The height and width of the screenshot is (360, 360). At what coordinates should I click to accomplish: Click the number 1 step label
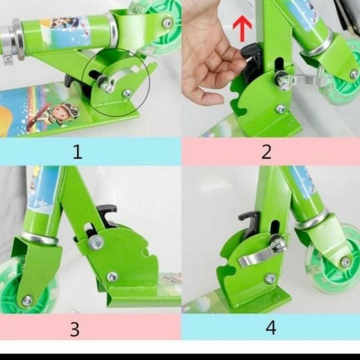click(78, 152)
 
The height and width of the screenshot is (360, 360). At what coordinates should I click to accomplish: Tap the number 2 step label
click(266, 152)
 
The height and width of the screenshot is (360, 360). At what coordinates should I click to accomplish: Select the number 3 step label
click(74, 328)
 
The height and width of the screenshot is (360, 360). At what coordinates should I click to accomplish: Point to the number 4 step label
click(271, 327)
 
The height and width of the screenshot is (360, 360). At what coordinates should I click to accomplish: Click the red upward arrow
click(242, 29)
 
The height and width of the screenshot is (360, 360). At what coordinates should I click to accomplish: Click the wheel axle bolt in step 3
click(27, 300)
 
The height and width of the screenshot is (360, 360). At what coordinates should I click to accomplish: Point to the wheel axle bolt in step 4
click(346, 262)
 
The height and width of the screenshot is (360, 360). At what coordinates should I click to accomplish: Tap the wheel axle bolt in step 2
click(354, 74)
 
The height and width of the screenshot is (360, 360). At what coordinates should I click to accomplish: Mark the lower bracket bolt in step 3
click(112, 277)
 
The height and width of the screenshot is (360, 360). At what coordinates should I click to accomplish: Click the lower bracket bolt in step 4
click(270, 279)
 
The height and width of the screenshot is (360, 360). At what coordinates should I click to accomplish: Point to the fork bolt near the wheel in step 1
click(168, 23)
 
